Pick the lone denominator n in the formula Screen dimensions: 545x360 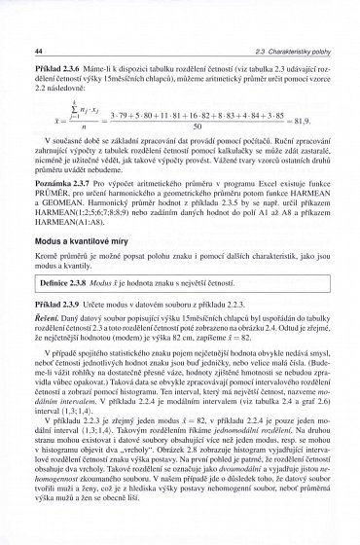pyautogui.click(x=70, y=125)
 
